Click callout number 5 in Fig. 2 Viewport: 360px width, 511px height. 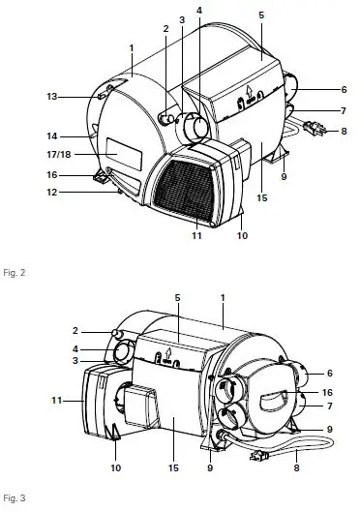[x=261, y=16]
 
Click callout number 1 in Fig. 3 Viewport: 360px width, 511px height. [x=223, y=287]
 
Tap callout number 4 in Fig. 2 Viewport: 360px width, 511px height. [x=199, y=10]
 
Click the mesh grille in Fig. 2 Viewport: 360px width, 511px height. [x=180, y=188]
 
